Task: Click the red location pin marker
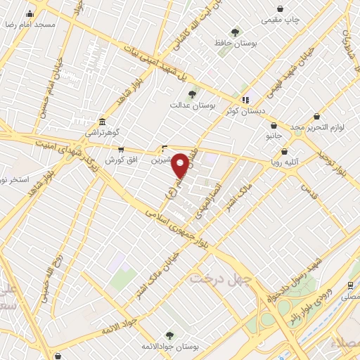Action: pos(181,165)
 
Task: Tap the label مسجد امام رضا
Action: pos(30,24)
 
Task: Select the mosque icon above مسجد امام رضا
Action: pos(30,13)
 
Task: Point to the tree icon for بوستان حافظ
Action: pos(235,32)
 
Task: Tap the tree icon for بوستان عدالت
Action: pos(192,94)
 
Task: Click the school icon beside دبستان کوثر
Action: pos(245,100)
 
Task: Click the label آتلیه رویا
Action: pos(285,161)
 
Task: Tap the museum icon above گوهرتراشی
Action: pos(103,122)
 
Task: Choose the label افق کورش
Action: pos(120,160)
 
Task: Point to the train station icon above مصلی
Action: pos(349,285)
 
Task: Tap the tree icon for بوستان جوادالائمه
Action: pos(169,335)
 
